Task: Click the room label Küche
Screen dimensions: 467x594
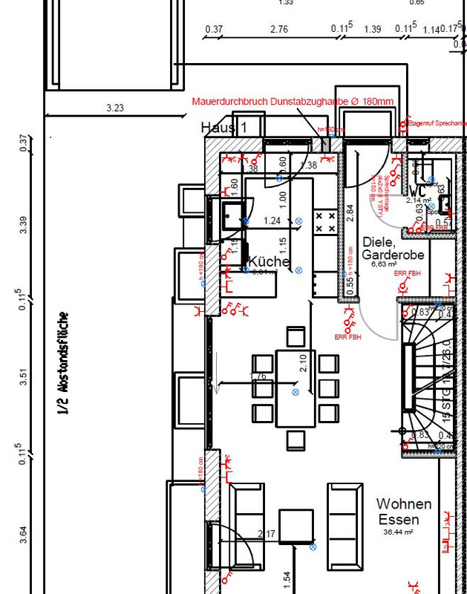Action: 268,261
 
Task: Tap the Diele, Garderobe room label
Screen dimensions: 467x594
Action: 386,248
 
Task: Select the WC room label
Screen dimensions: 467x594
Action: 418,191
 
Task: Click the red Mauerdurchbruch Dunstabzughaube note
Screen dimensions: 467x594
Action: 293,101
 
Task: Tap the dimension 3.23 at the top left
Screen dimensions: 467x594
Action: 115,108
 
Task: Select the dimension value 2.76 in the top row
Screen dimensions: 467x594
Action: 279,29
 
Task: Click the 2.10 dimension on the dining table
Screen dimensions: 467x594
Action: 302,362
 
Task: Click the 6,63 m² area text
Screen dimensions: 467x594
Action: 385,263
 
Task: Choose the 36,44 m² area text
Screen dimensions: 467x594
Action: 398,532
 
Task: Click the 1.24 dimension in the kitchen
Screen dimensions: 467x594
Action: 272,221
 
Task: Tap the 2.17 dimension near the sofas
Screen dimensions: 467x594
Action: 266,534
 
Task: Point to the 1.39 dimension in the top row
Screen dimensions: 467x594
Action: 373,29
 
